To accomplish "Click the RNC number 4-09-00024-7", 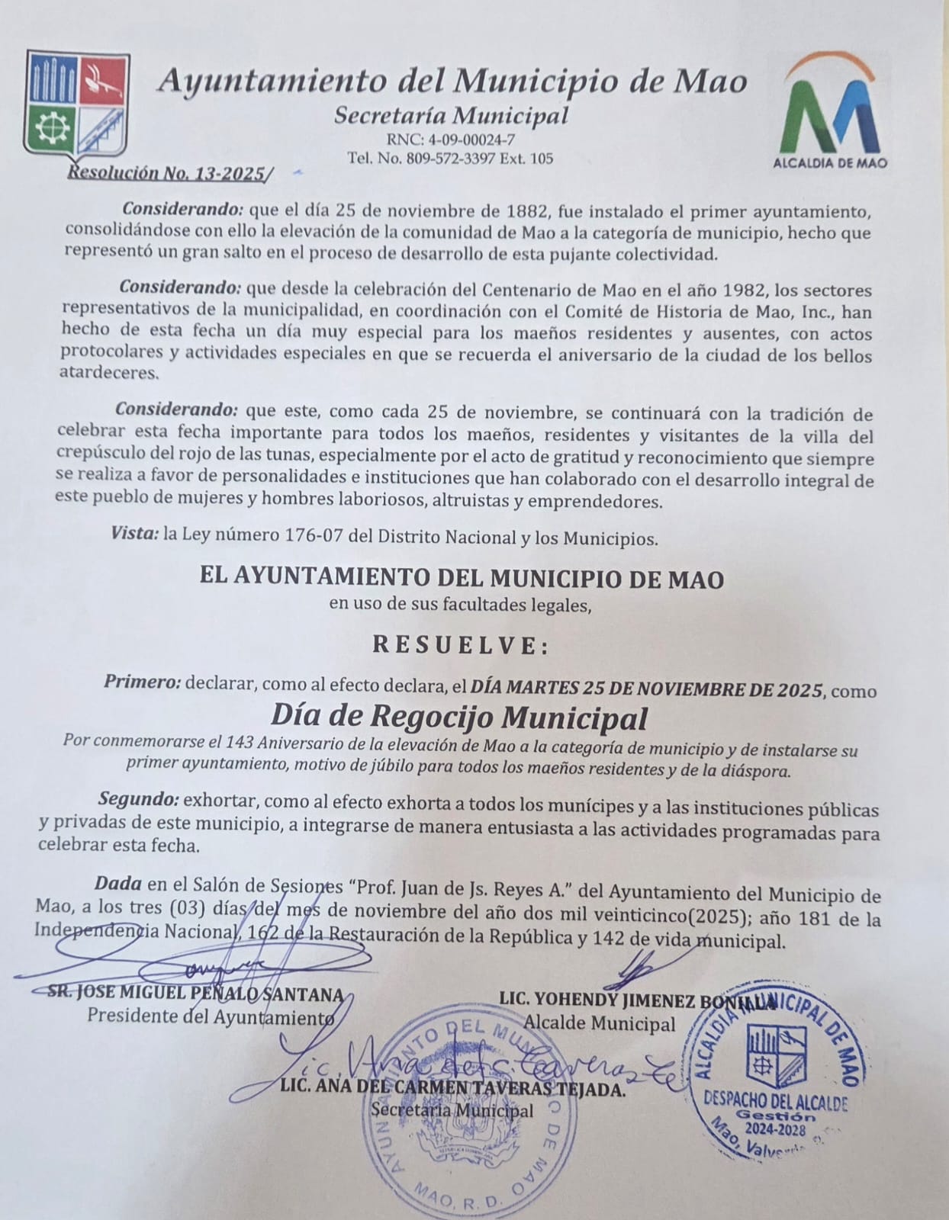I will click(452, 140).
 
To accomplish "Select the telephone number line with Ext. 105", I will click(450, 159).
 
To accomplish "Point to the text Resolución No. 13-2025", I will click(169, 173).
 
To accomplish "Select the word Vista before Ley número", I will click(134, 535).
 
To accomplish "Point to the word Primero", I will click(142, 682).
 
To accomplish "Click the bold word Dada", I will click(117, 884).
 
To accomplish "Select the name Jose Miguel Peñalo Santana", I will click(195, 994).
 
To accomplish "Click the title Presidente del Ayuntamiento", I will click(210, 1016).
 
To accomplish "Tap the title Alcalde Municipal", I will click(600, 1023).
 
